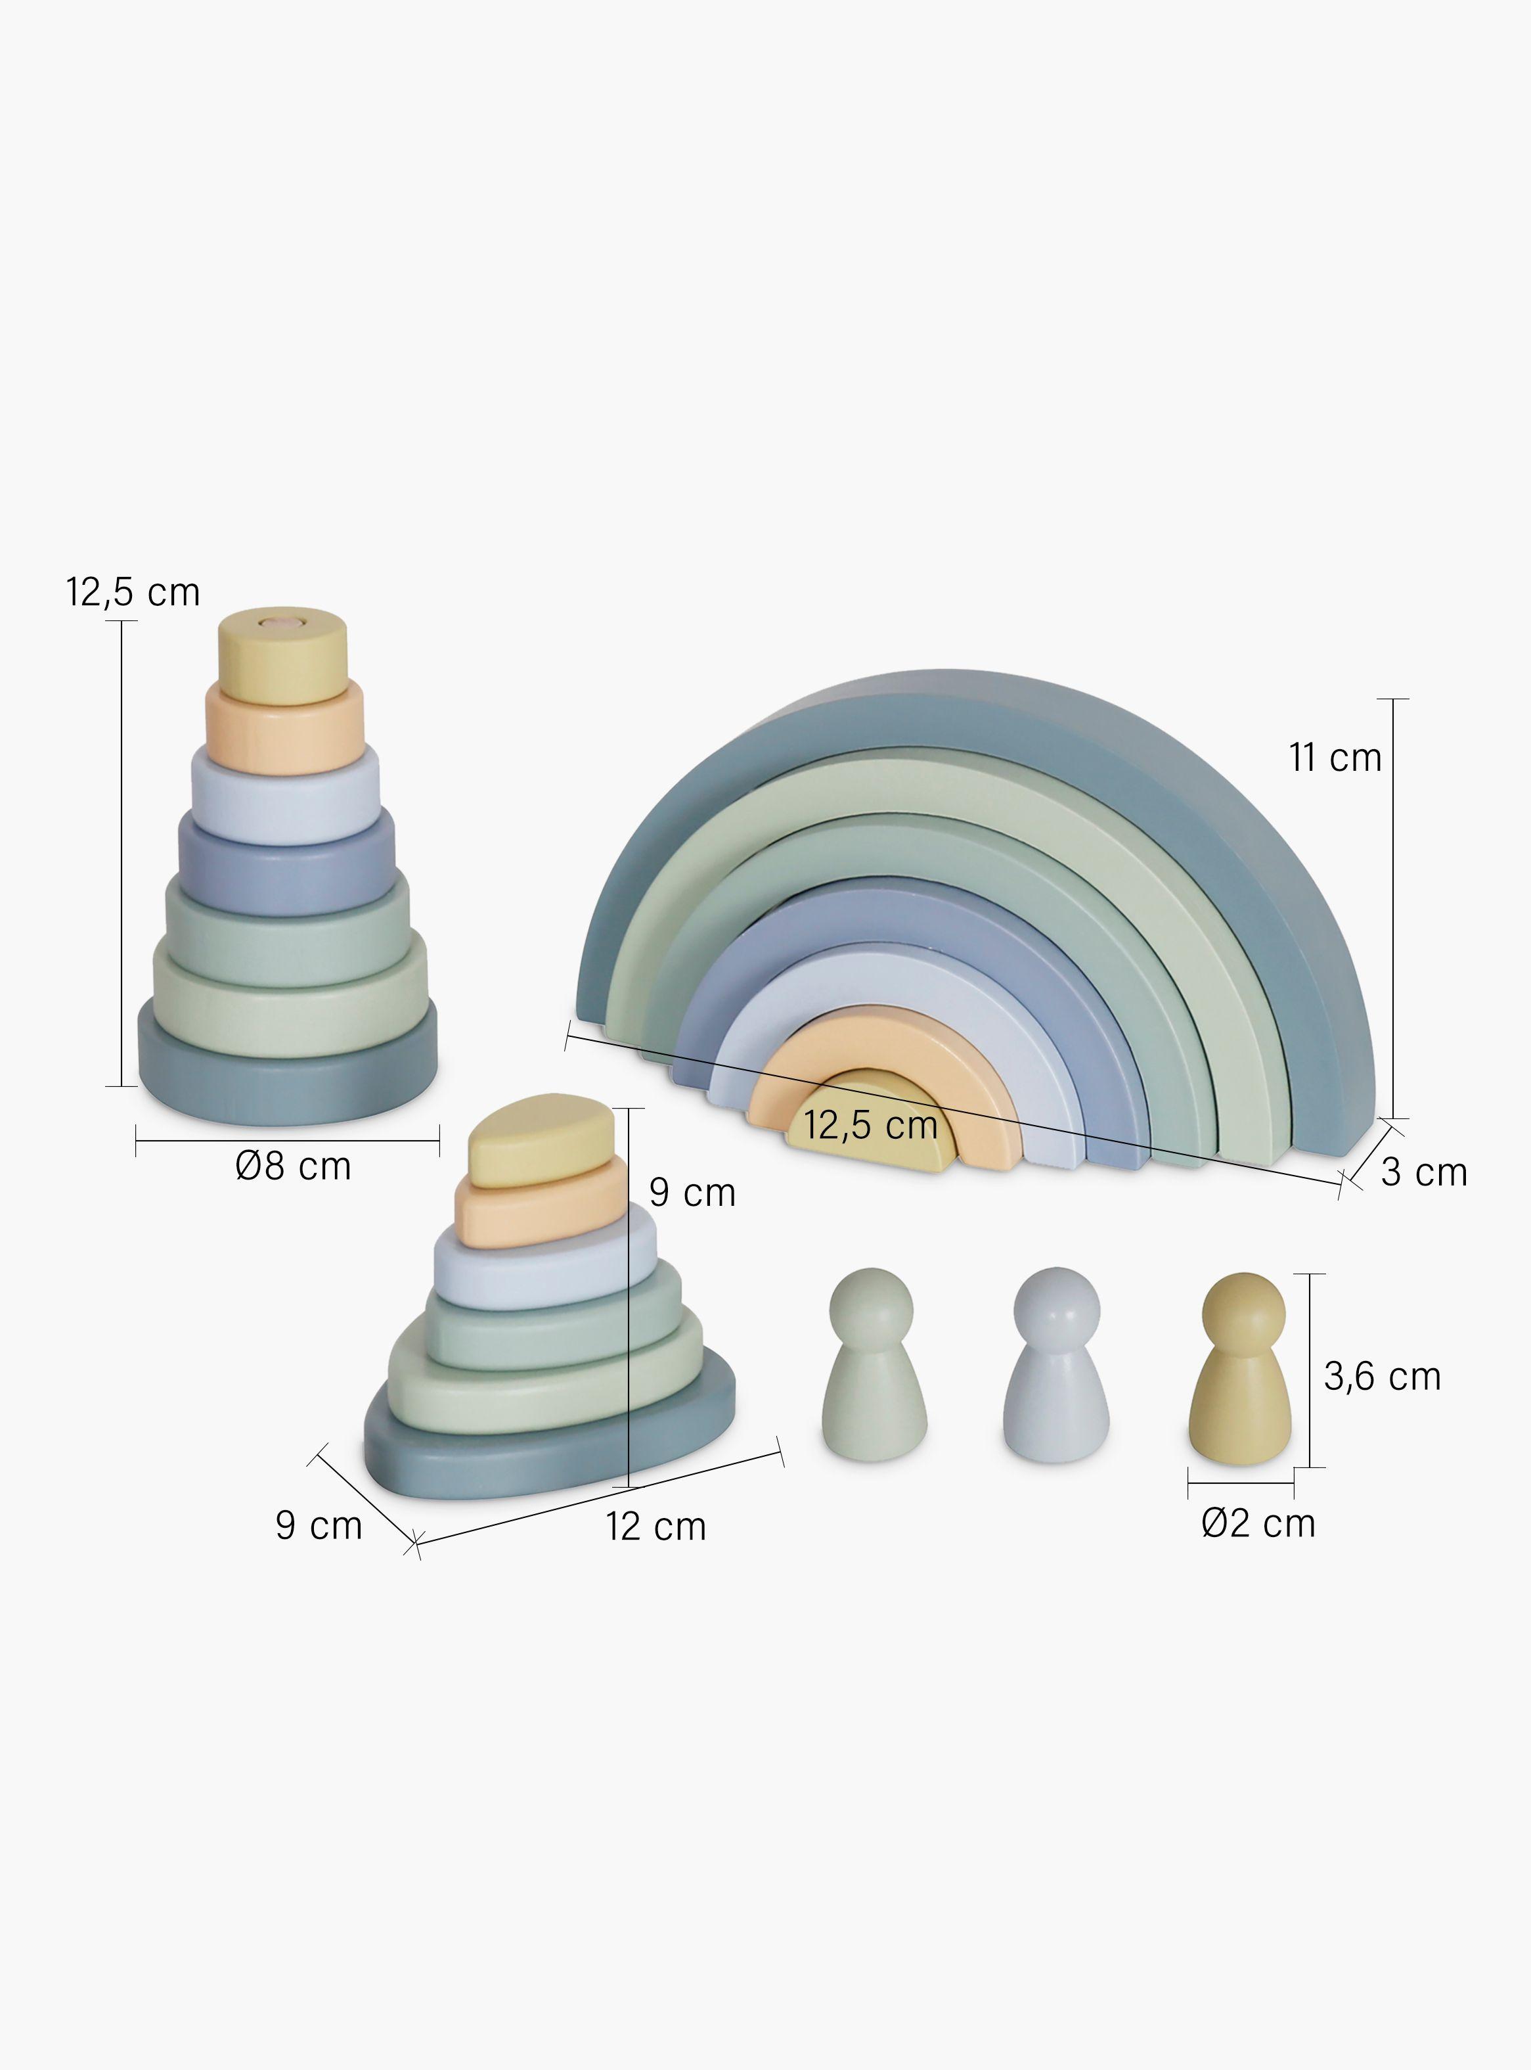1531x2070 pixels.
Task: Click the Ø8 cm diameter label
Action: [x=294, y=1166]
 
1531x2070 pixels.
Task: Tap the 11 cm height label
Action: [x=1335, y=758]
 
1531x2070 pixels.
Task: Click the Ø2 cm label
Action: [x=1258, y=1523]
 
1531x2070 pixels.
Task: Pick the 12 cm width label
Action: [x=656, y=1526]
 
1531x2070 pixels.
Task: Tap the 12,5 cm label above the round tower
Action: [x=133, y=591]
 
